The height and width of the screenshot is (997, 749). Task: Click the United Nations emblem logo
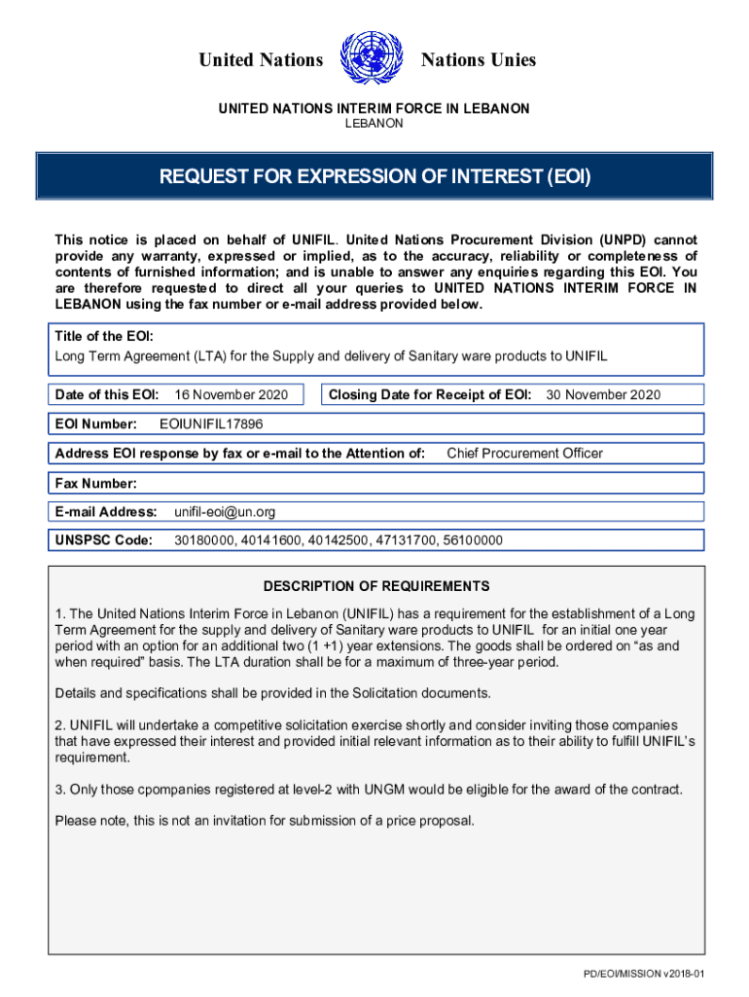[373, 58]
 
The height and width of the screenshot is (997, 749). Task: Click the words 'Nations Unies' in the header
[478, 60]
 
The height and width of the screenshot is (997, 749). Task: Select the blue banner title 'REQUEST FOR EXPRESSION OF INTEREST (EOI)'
[374, 177]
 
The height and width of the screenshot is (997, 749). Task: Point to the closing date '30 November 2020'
[603, 394]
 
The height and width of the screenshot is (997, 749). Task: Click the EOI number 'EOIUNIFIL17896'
[211, 425]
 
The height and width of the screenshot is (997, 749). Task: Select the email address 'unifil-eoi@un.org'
[225, 512]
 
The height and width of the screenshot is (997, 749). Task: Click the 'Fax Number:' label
[96, 483]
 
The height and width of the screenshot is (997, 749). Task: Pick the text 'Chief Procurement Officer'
[524, 453]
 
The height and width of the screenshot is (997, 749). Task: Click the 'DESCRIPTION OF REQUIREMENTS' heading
[376, 586]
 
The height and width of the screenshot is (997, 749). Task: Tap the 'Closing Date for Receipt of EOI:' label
[430, 394]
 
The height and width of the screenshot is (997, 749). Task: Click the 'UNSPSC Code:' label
[104, 540]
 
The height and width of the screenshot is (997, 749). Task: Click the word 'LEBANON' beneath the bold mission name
[374, 124]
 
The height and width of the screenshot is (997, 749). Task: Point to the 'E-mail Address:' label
[106, 512]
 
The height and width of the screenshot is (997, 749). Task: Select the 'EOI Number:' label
[95, 425]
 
